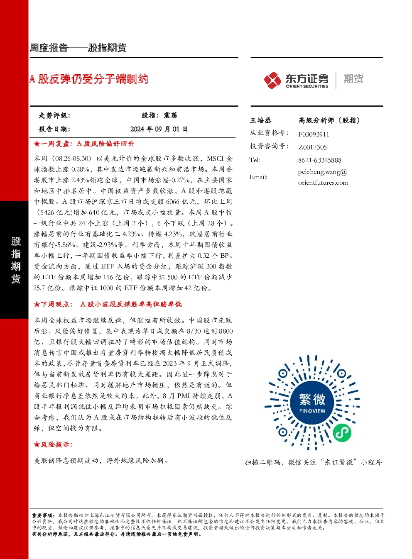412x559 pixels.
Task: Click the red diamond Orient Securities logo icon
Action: click(272, 80)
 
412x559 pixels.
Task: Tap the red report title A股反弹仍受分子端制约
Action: click(89, 79)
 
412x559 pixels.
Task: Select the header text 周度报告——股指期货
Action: click(78, 48)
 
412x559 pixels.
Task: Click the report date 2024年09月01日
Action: click(159, 129)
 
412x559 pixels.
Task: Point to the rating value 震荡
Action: click(170, 115)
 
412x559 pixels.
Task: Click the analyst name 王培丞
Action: click(260, 120)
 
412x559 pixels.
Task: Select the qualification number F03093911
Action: click(314, 134)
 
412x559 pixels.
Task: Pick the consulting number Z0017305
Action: click(312, 147)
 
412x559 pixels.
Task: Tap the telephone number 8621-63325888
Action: click(320, 160)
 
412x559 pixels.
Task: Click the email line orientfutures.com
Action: click(323, 183)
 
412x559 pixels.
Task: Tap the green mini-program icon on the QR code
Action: click(342, 432)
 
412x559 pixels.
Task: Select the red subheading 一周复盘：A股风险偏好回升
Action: click(84, 144)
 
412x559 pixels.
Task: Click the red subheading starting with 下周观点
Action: click(108, 304)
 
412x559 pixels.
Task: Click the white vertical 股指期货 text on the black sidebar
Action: click(16, 260)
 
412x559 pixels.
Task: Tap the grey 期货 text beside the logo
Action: click(353, 78)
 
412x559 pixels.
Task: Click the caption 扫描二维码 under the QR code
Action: click(262, 462)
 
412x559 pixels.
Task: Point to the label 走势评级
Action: click(54, 115)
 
